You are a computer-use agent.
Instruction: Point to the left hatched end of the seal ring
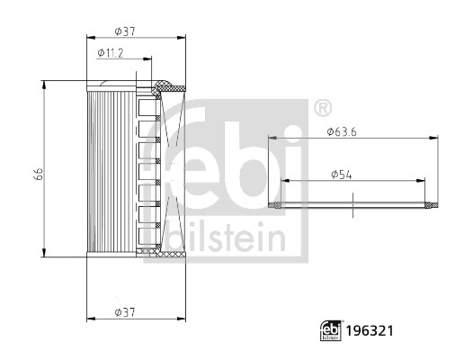coord(277,205)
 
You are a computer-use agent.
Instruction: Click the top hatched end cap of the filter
coord(166,87)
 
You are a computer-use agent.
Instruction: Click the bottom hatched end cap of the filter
coord(166,256)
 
